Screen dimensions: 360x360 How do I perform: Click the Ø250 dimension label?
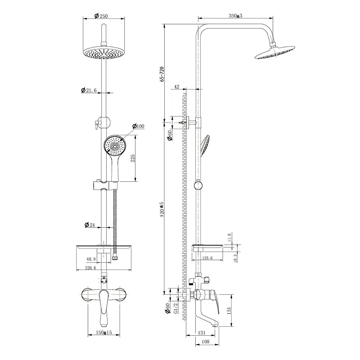point(101,16)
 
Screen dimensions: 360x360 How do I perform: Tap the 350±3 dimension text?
point(235,16)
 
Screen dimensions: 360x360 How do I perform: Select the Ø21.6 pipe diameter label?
point(89,90)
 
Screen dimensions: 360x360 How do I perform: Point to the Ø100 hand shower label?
point(138,126)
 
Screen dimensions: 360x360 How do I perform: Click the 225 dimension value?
point(133,158)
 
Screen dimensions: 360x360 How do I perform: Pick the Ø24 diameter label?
point(90,225)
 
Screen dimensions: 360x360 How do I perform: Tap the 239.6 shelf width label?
point(90,268)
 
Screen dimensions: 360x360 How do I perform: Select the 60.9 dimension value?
point(91,259)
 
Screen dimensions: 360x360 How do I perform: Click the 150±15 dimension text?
point(104,332)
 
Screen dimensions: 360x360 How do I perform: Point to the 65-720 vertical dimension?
point(162,74)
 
